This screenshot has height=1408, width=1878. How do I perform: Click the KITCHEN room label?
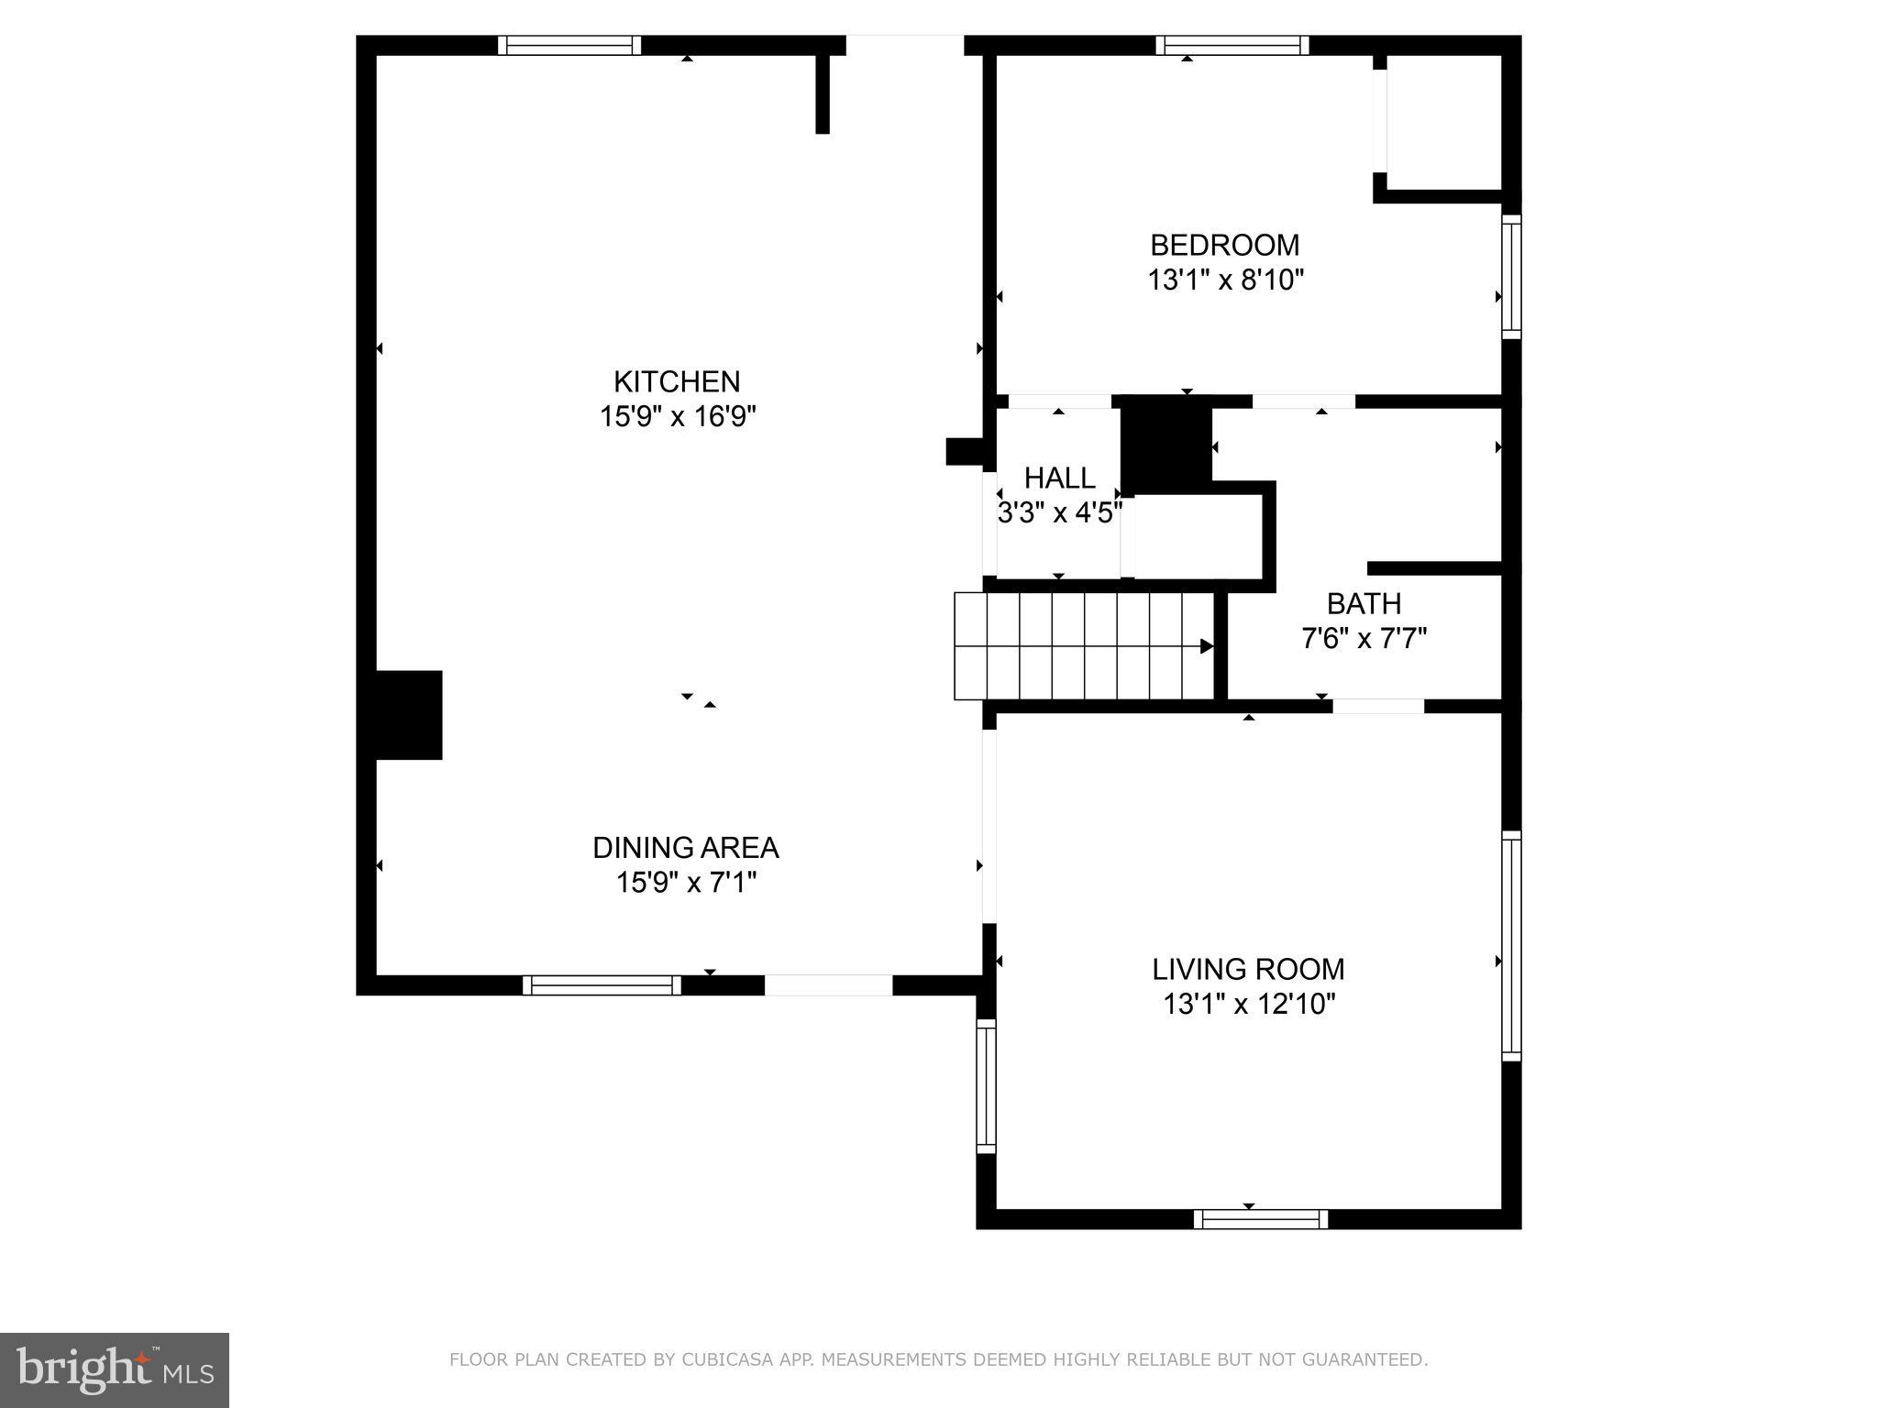[x=677, y=381]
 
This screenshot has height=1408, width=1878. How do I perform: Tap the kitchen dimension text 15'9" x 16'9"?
[x=677, y=417]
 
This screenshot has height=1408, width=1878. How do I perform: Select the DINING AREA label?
[x=685, y=848]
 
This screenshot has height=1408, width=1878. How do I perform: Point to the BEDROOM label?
[x=1224, y=246]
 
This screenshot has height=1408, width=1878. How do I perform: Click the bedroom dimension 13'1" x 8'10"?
[x=1225, y=280]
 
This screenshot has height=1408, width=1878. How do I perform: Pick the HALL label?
[x=1059, y=478]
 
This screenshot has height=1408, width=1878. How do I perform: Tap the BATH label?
[x=1364, y=604]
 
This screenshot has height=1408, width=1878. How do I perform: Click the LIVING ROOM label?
[x=1248, y=970]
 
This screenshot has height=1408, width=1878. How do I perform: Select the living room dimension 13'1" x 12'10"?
[x=1249, y=1005]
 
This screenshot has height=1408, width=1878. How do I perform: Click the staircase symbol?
[x=1082, y=646]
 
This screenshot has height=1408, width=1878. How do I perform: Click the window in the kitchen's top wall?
[x=569, y=46]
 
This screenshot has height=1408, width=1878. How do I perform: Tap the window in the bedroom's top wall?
[x=1232, y=46]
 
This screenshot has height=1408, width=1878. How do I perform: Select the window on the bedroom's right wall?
[x=1511, y=277]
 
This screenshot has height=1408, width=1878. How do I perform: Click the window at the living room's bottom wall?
[x=1261, y=1219]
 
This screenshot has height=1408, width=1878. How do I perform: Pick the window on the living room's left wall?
[x=986, y=1086]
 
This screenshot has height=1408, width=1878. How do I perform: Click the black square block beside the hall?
[x=1165, y=445]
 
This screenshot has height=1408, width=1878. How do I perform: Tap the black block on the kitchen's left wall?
[x=409, y=715]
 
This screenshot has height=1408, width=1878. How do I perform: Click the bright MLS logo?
[x=115, y=1370]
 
